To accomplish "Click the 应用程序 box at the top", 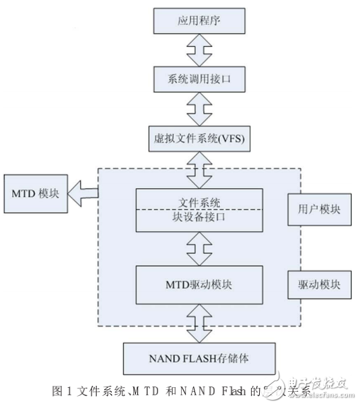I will point(199,21).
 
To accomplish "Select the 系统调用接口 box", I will point(199,81).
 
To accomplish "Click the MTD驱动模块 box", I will point(199,285).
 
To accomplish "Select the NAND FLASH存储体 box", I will point(199,357).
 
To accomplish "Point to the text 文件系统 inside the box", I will point(199,200).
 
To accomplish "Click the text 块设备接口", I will point(199,218).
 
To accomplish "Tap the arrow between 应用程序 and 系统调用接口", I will point(199,51).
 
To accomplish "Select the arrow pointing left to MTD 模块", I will point(83,193).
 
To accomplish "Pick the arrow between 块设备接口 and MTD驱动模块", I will point(199,249).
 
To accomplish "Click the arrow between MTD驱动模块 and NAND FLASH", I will point(199,323).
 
